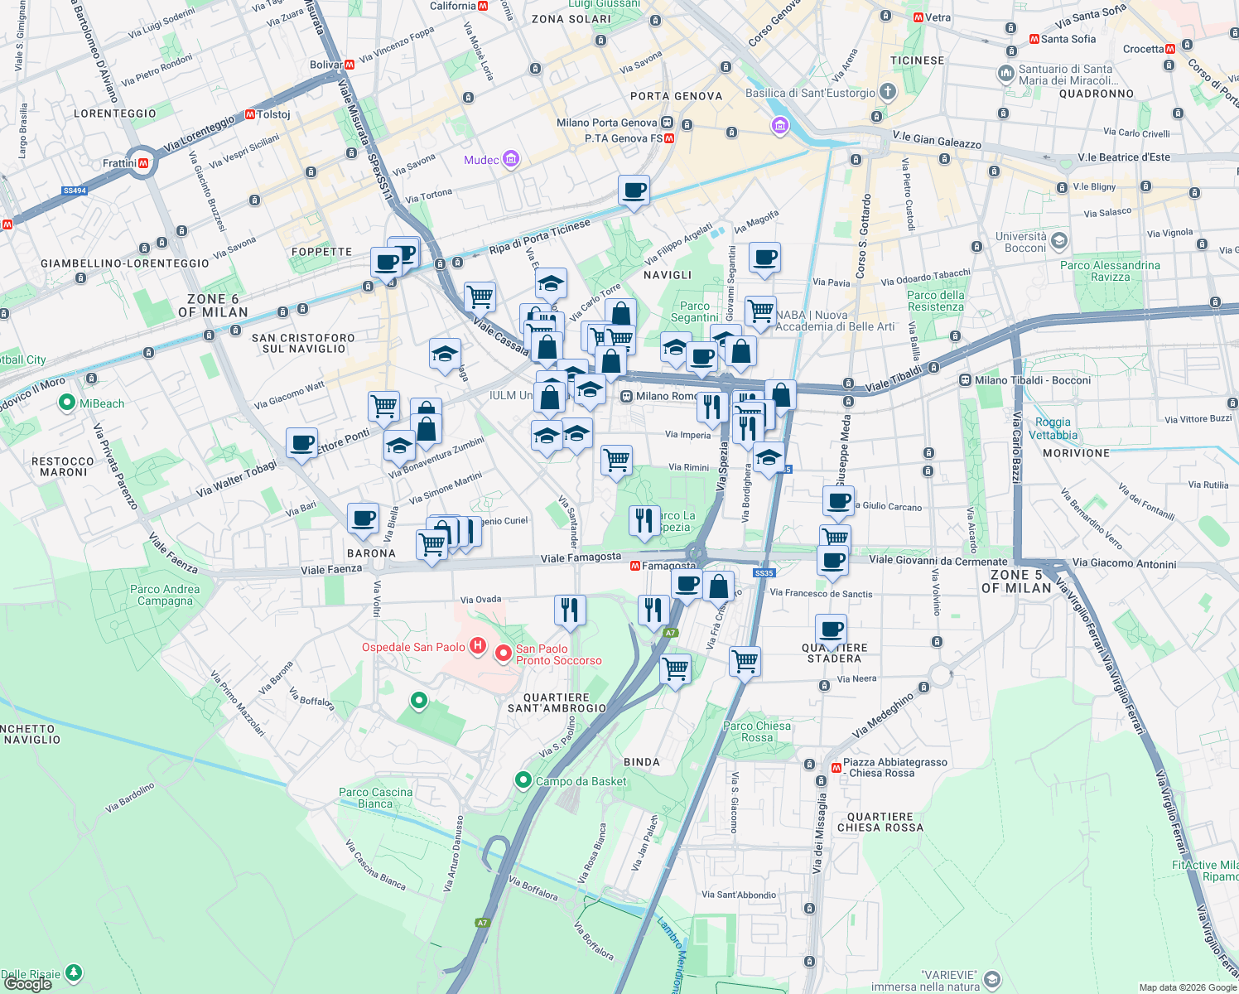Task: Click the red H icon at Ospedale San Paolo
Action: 477,645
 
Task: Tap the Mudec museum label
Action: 482,160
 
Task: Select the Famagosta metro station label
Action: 668,566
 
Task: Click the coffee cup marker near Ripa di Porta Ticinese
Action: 634,191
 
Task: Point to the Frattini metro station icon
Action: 143,163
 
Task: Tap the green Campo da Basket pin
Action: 523,780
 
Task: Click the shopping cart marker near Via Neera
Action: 745,661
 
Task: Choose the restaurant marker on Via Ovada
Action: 569,610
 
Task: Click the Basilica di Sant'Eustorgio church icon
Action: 887,91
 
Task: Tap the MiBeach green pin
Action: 67,403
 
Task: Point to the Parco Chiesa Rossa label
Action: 756,731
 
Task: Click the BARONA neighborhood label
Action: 370,553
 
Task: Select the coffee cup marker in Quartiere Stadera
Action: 831,630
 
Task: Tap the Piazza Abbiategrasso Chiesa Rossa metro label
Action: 894,767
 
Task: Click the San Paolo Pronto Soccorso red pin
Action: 503,654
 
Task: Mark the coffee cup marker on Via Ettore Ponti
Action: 301,442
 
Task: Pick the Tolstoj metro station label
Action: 273,114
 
